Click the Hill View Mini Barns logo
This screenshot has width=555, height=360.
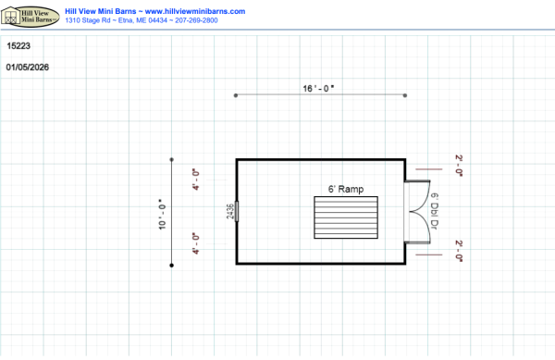[31, 17]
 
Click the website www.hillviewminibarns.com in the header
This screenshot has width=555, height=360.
[195, 11]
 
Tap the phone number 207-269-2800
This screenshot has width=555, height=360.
[196, 20]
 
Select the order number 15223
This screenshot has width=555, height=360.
[18, 45]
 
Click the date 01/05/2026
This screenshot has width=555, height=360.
[27, 68]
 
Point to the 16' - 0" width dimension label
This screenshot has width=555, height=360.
[318, 88]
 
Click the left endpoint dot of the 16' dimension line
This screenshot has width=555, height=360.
[236, 95]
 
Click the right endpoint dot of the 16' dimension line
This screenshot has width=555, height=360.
[405, 95]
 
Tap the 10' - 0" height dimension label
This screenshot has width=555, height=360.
[162, 214]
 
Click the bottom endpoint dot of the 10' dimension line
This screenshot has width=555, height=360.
[172, 265]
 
